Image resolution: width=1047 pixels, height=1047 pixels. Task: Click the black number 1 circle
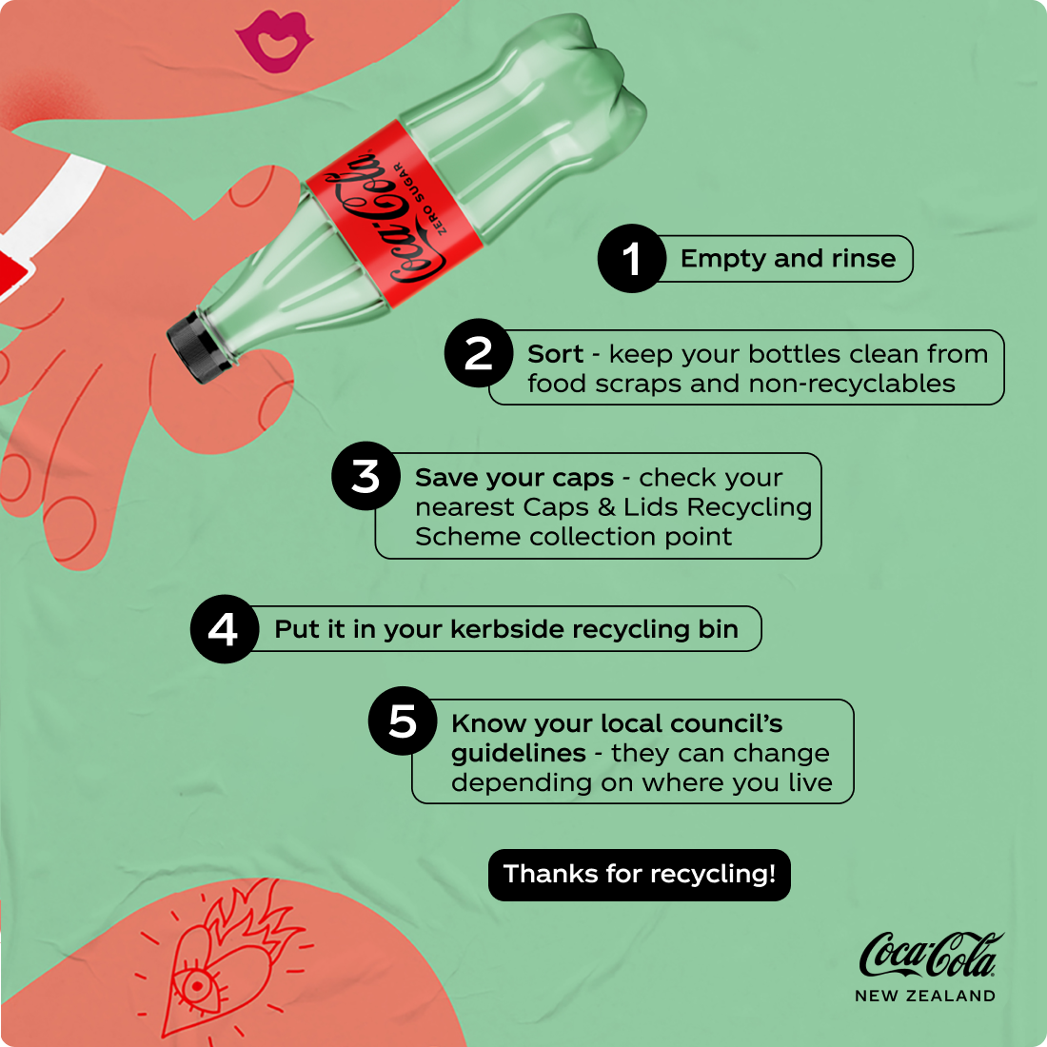coord(632,258)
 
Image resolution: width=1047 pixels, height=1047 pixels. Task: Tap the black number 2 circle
coord(479,353)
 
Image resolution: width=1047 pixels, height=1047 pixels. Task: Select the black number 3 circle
coord(365,476)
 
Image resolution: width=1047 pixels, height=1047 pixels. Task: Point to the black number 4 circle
coord(225,629)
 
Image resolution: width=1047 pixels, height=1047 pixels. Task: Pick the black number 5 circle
coord(403,721)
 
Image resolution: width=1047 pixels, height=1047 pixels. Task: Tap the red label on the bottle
coord(394,213)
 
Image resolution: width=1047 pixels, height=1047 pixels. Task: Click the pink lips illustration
coord(274,41)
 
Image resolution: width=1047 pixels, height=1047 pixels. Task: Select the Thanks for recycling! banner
coord(639,875)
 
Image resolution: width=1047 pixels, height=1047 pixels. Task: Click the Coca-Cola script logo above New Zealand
coord(931,955)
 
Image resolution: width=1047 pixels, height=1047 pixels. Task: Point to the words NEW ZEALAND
coord(925,996)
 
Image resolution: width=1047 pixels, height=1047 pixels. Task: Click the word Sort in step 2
coord(555,354)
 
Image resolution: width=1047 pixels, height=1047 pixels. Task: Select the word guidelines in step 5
coord(519,754)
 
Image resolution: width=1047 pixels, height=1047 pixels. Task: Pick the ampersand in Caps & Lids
coord(606,507)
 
